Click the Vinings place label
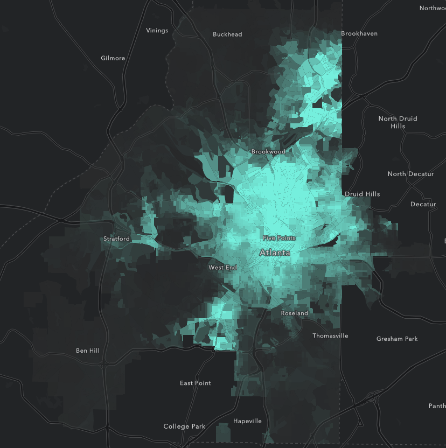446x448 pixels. [x=157, y=30]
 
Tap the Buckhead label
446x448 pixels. [x=227, y=34]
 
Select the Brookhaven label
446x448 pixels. [x=359, y=33]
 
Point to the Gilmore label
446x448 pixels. [x=113, y=58]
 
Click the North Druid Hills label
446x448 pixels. [x=398, y=122]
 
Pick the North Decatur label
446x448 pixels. [x=411, y=174]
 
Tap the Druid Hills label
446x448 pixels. [x=362, y=194]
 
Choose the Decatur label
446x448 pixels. [x=423, y=204]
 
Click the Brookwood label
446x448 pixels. [x=268, y=152]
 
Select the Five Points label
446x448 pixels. [x=279, y=238]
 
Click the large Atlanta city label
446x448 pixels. [x=275, y=253]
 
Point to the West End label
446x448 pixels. [x=223, y=267]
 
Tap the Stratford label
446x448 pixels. [x=116, y=239]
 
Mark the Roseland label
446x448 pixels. [x=295, y=313]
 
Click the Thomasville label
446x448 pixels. [x=330, y=335]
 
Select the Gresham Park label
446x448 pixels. [x=397, y=339]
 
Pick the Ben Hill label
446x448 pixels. [x=87, y=351]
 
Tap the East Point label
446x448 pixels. [x=196, y=383]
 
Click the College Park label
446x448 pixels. [x=184, y=426]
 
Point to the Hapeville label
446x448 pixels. [x=247, y=421]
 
